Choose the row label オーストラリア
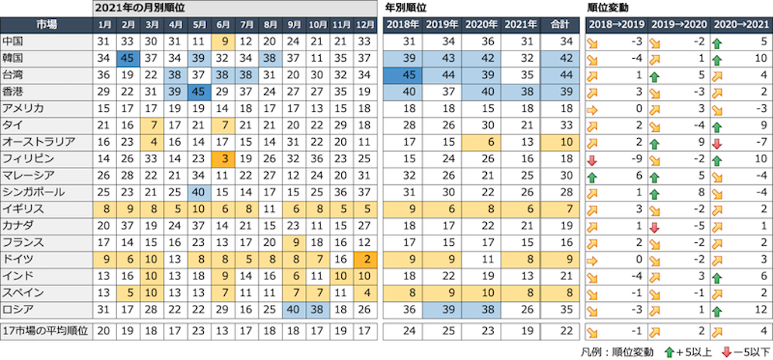pos(39,142)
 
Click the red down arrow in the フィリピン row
pos(593,158)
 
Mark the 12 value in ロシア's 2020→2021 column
pos(763,309)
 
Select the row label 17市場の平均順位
pos(46,331)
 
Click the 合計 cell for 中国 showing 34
pos(562,42)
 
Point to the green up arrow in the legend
pos(669,351)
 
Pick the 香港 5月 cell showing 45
pos(199,91)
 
